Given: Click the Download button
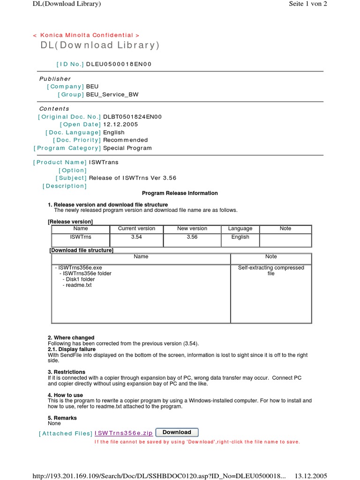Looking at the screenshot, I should click(x=177, y=432).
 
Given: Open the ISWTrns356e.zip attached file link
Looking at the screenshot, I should click(x=123, y=433).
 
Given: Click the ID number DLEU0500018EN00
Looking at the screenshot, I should click(x=119, y=64).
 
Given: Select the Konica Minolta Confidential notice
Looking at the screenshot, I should click(x=86, y=35).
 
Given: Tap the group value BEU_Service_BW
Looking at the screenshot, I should click(x=112, y=94).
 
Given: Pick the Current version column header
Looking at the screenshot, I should click(x=136, y=228).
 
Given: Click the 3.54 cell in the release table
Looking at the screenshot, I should click(x=136, y=237).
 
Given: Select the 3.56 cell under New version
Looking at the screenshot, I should click(x=192, y=237).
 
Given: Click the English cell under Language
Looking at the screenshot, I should click(x=240, y=237).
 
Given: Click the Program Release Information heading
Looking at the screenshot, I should click(x=180, y=193).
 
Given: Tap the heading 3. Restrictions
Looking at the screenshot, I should click(x=67, y=372).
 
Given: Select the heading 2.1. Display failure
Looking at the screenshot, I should click(x=72, y=349).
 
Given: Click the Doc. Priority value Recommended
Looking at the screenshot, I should click(x=125, y=140).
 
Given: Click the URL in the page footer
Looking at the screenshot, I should click(x=158, y=476).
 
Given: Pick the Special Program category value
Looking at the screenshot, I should click(x=127, y=148).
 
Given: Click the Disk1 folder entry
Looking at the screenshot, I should click(x=78, y=279).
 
